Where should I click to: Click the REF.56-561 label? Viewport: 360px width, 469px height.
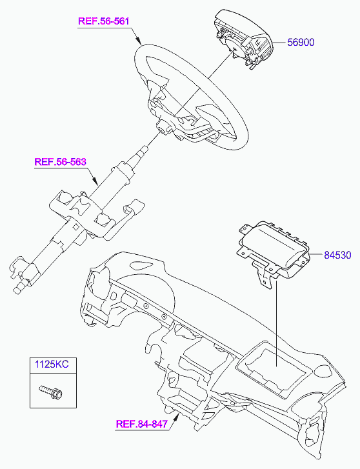[x=103, y=21]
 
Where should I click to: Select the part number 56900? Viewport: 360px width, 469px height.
[x=301, y=42]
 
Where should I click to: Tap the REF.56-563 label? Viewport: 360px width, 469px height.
[x=61, y=162]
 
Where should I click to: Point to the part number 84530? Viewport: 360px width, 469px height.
[x=337, y=255]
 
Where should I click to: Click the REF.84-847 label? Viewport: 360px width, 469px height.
[x=141, y=424]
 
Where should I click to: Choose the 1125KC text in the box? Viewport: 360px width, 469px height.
[x=52, y=364]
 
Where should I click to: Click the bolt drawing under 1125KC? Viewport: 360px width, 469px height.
[x=51, y=392]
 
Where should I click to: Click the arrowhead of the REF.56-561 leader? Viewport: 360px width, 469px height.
[x=138, y=41]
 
